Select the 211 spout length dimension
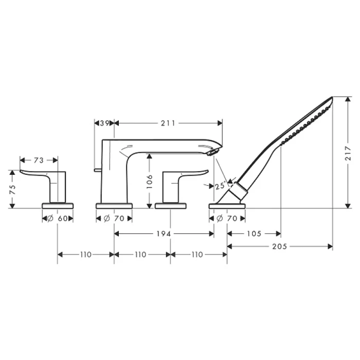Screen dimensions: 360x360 (168, 123)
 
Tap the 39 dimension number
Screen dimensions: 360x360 (104, 123)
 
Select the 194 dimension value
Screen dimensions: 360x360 (164, 233)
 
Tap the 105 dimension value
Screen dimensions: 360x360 (254, 233)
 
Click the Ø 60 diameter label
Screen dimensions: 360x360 (57, 218)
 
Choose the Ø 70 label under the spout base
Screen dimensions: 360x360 (114, 218)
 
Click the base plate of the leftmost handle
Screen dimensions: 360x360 (57, 206)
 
